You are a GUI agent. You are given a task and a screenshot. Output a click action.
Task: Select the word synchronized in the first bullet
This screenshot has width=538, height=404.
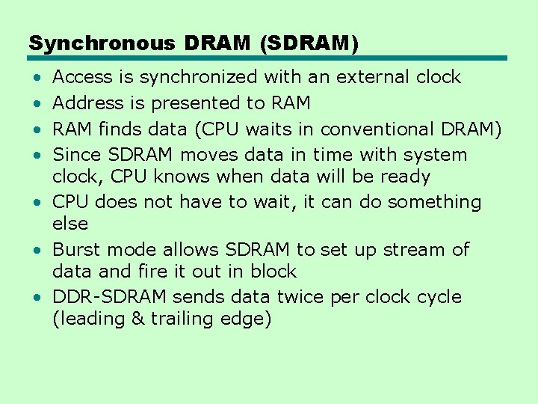point(197,77)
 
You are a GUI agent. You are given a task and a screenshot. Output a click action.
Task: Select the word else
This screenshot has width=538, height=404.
point(70,224)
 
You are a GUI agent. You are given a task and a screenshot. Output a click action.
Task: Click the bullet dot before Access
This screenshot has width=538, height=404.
point(37,78)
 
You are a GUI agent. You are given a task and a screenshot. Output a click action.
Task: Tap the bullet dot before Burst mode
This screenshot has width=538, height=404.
point(37,250)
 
